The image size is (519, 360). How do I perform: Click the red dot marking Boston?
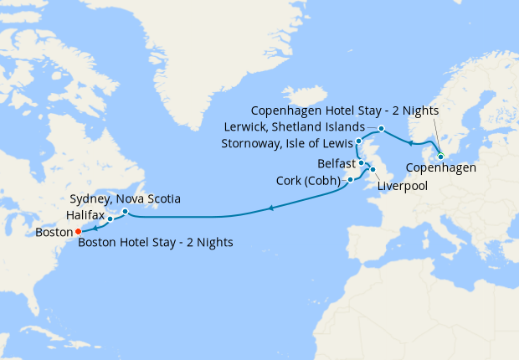click(77, 231)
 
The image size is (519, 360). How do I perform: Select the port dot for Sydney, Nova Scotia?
click(125, 211)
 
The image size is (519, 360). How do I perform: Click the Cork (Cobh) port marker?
click(350, 179)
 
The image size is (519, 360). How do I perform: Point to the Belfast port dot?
click(361, 163)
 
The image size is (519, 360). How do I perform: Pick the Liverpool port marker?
click(372, 170)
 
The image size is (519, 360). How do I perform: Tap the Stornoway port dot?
click(358, 141)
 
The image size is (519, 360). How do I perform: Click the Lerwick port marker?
click(381, 128)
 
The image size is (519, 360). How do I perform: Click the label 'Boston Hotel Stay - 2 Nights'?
click(155, 243)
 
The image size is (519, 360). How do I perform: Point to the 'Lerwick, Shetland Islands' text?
click(295, 126)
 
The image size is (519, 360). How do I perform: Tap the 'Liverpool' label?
click(402, 185)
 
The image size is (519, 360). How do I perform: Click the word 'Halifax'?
click(85, 215)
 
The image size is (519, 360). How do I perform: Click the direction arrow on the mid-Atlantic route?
click(270, 208)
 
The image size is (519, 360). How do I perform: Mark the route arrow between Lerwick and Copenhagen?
click(410, 143)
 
